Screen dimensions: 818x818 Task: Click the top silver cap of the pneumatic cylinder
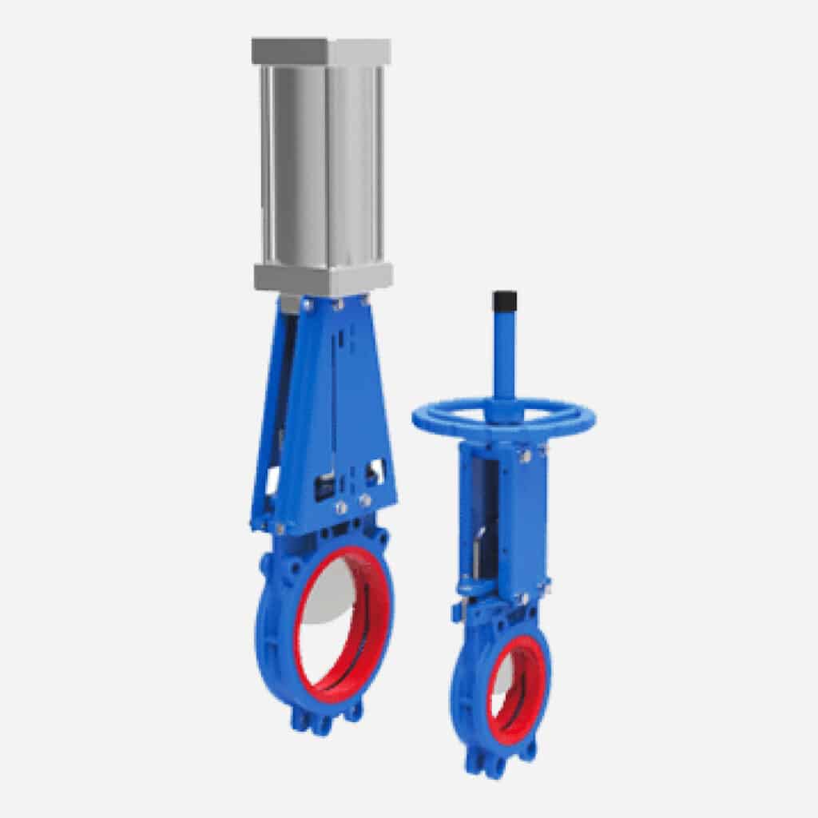pos(321,50)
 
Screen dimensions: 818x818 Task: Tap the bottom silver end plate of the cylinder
pos(323,278)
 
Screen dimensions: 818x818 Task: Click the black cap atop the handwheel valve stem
pos(505,301)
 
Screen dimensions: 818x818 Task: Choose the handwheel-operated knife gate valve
pos(503,559)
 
